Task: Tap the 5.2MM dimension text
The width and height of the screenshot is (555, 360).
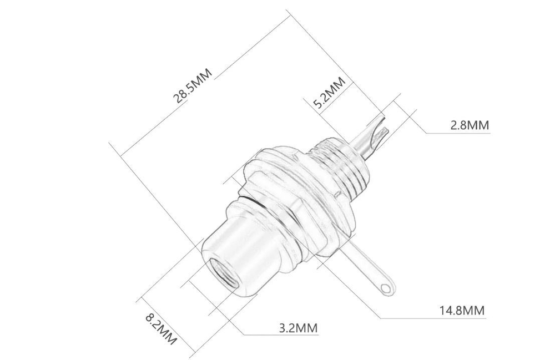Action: click(329, 95)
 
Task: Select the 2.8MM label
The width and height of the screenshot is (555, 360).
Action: click(469, 125)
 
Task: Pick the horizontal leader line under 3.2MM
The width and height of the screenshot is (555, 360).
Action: click(283, 335)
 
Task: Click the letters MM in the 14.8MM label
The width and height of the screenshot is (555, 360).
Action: click(473, 310)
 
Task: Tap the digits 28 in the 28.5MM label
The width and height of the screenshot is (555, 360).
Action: click(181, 94)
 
